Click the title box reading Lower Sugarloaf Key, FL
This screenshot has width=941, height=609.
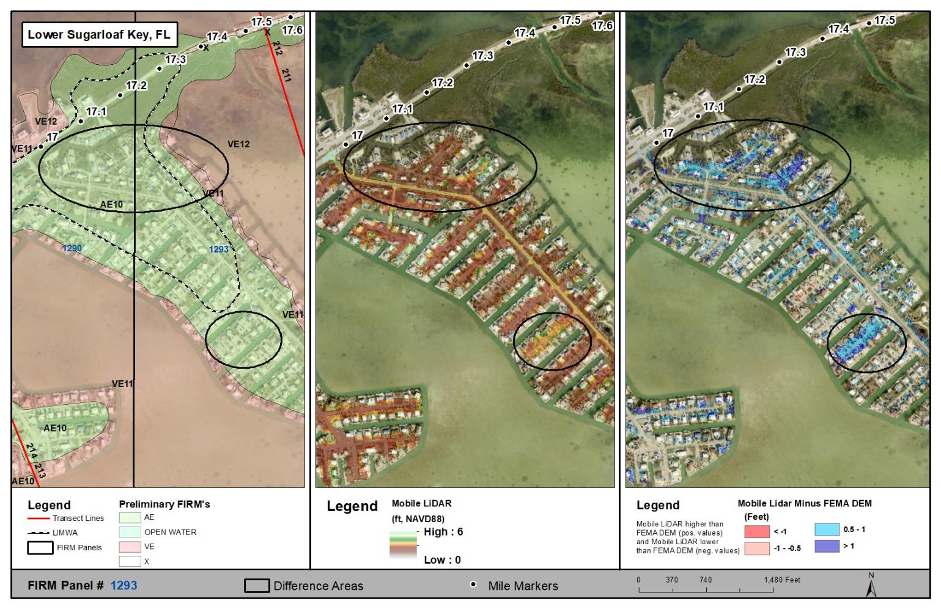pyautogui.click(x=99, y=34)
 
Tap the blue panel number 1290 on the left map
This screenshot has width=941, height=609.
pyautogui.click(x=72, y=248)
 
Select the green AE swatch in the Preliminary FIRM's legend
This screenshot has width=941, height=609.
pyautogui.click(x=130, y=517)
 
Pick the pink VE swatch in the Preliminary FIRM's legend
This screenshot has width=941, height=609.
pyautogui.click(x=130, y=547)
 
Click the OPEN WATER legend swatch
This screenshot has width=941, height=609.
pyautogui.click(x=130, y=532)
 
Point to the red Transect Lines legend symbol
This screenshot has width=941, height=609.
pyautogui.click(x=39, y=519)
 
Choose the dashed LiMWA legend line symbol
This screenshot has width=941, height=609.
pyautogui.click(x=39, y=533)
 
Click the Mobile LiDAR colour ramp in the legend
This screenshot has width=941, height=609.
pyautogui.click(x=402, y=544)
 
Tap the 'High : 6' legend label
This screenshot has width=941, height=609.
pyautogui.click(x=443, y=532)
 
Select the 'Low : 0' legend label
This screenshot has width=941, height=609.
pyautogui.click(x=442, y=559)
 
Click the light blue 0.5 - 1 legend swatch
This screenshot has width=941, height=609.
pyautogui.click(x=827, y=530)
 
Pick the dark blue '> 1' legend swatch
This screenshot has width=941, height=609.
pyautogui.click(x=827, y=545)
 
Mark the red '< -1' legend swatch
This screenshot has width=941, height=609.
pyautogui.click(x=757, y=531)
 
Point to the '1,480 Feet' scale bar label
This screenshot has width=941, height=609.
pyautogui.click(x=781, y=580)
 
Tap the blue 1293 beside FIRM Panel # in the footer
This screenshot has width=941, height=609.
pyautogui.click(x=124, y=585)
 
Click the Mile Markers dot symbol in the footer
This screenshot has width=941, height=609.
pyautogui.click(x=473, y=585)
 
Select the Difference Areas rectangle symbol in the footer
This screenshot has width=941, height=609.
pyautogui.click(x=257, y=586)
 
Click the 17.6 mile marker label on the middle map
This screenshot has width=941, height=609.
pyautogui.click(x=602, y=26)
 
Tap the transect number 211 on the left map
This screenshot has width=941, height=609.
pyautogui.click(x=286, y=75)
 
